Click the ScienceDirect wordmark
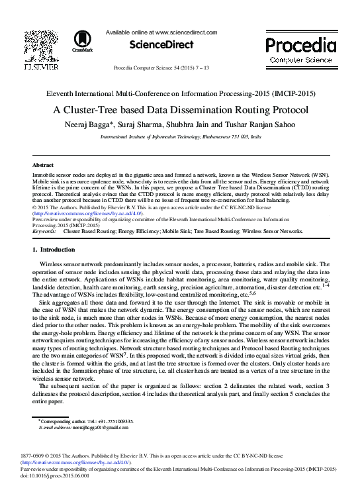pyautogui.click(x=161, y=45)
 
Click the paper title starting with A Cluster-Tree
pyautogui.click(x=179, y=111)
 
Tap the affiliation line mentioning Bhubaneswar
pyautogui.click(x=180, y=136)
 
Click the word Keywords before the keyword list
pyautogui.click(x=44, y=232)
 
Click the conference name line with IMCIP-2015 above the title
pyautogui.click(x=179, y=93)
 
